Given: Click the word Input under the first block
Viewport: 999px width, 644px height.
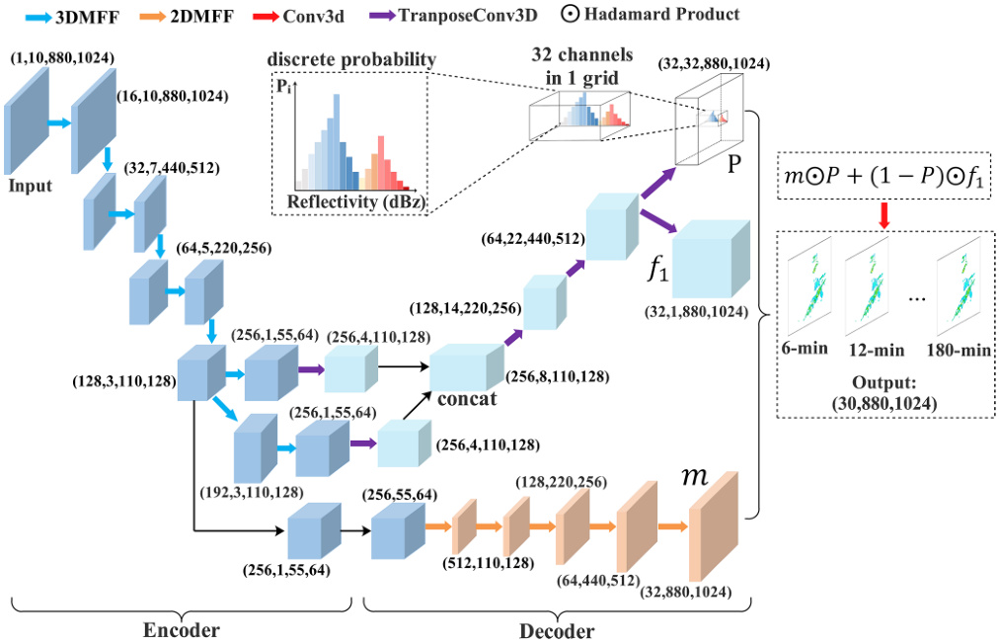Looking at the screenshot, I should [31, 184].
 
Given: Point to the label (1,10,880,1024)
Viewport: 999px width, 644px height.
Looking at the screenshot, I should [62, 58].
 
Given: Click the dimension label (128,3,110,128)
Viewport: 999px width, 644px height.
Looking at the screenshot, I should [122, 379].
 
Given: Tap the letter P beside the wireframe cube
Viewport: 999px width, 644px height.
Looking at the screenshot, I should [735, 164].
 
